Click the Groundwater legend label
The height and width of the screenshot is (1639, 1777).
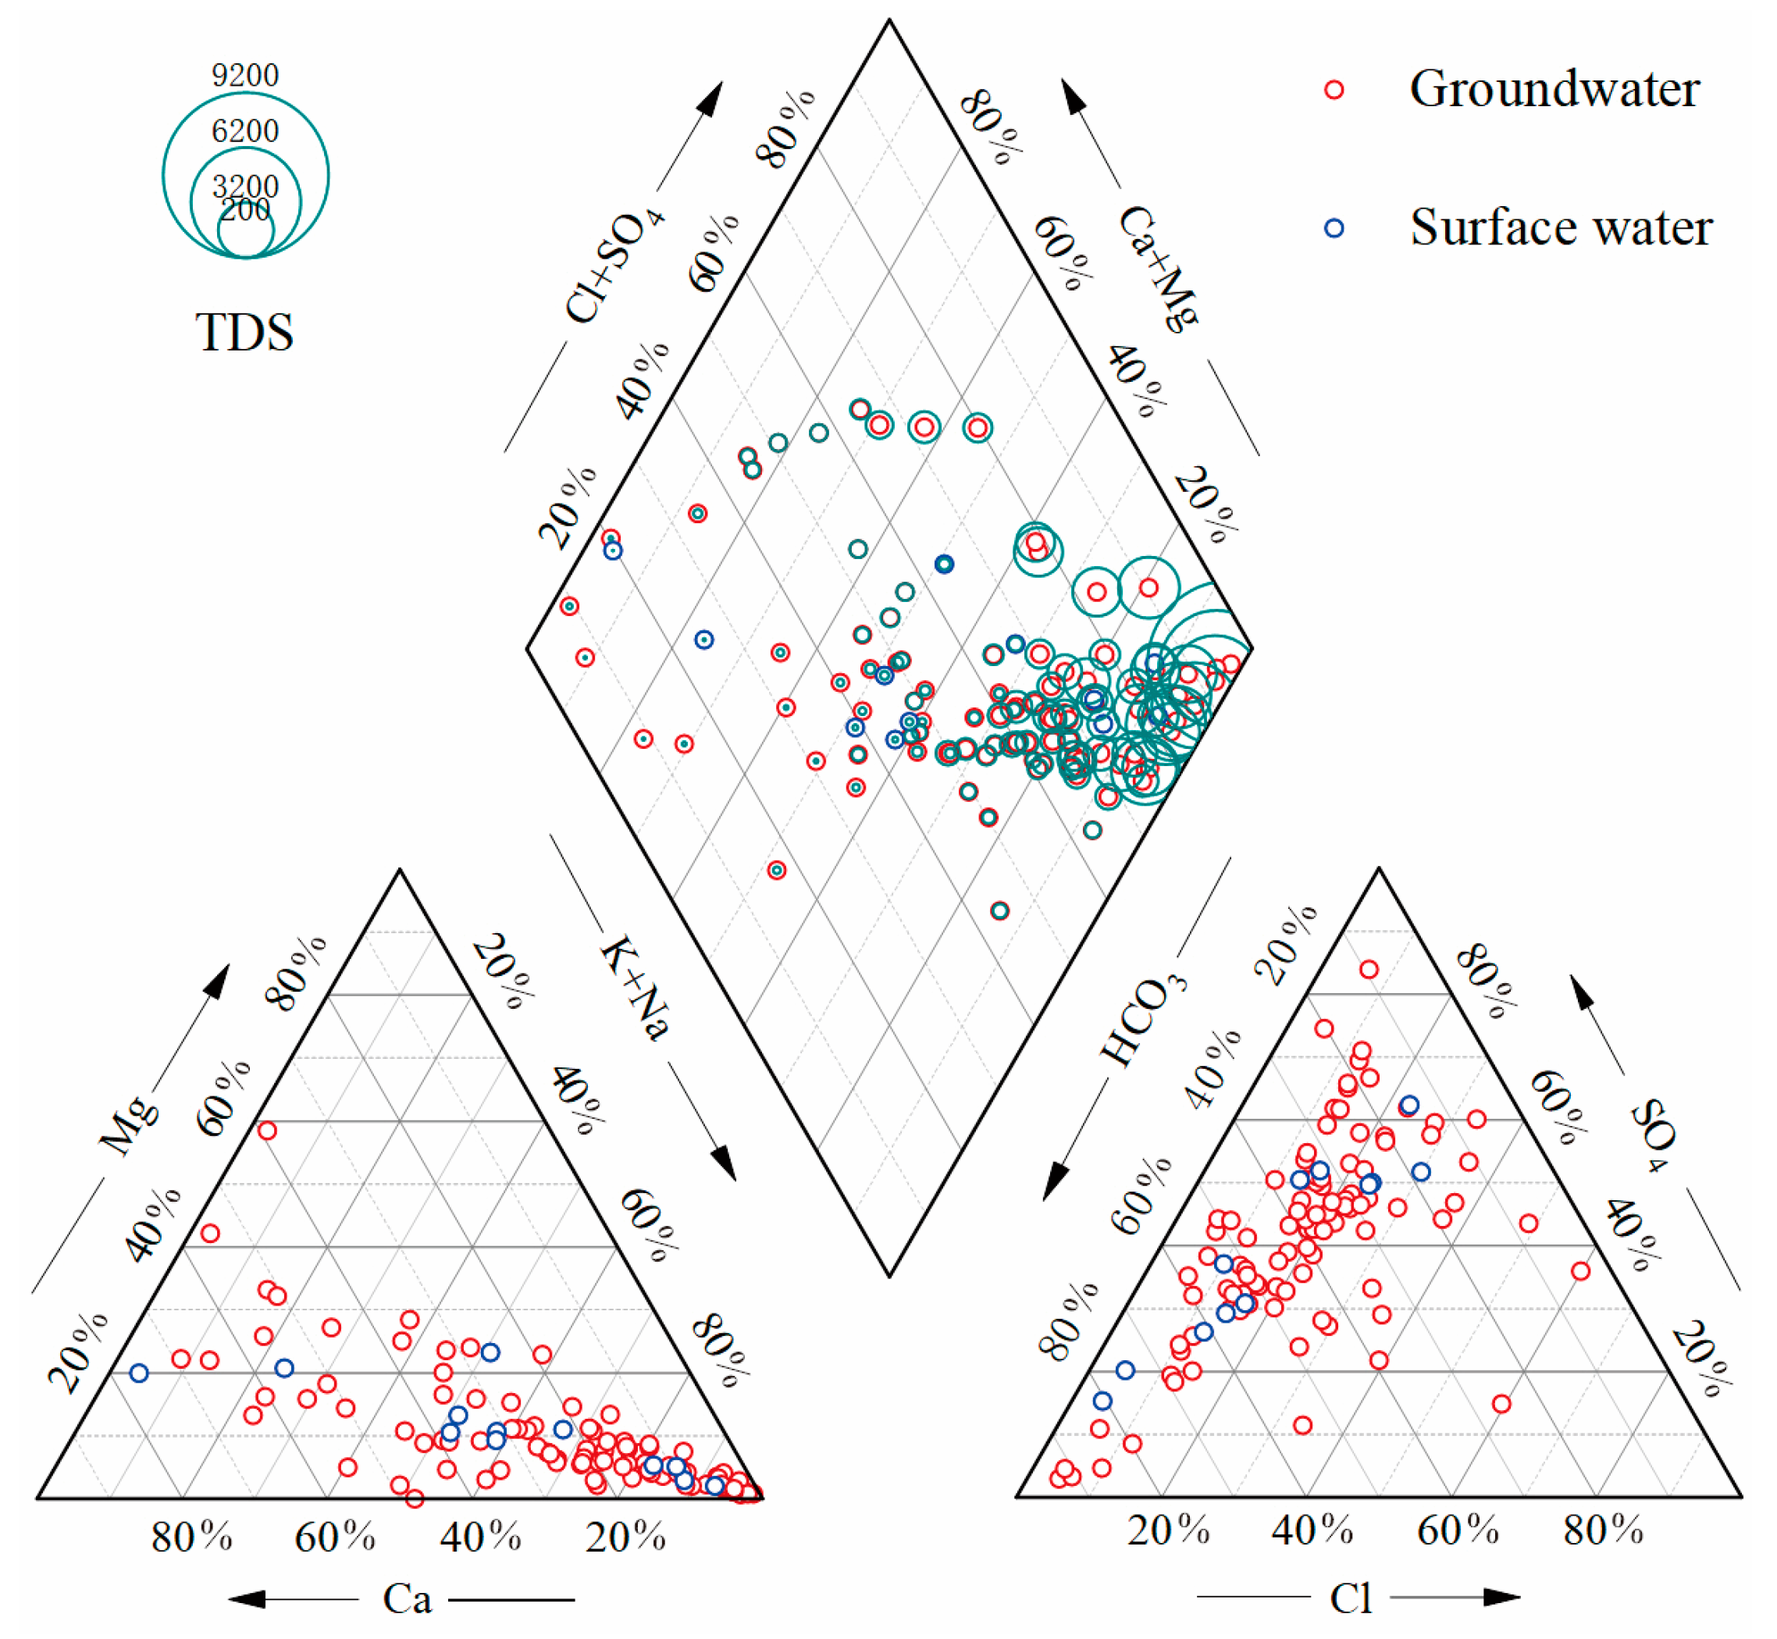coord(1554,89)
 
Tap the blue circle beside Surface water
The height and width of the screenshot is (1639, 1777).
coord(1334,228)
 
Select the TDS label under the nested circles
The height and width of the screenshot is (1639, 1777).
coord(244,333)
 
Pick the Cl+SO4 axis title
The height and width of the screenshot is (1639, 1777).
coord(614,267)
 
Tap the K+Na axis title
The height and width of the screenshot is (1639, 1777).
coord(635,986)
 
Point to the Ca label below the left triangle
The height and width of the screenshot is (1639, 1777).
coord(407,1599)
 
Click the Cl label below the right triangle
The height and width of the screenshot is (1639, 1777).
coord(1351,1598)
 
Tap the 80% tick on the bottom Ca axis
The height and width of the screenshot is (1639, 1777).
coord(191,1537)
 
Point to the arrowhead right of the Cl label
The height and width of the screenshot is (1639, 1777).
coord(1502,1598)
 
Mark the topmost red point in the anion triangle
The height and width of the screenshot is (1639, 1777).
coord(1369,969)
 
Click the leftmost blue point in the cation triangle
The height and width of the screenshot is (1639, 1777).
coord(138,1373)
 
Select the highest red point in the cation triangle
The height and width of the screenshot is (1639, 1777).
coord(267,1131)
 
